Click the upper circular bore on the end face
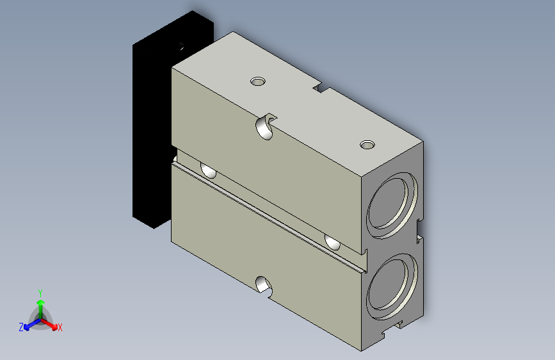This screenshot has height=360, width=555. click(x=392, y=205)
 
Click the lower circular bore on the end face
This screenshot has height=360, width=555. click(x=392, y=286)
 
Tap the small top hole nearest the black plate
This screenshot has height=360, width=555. click(x=258, y=81)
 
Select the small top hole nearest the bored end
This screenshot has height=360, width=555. click(x=367, y=145)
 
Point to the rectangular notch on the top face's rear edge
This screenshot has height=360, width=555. click(x=322, y=88)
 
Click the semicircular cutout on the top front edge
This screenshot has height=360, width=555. click(x=266, y=126)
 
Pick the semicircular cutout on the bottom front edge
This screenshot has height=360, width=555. click(x=264, y=285)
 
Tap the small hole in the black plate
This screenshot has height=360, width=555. click(x=181, y=46)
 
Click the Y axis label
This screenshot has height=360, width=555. click(x=40, y=293)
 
